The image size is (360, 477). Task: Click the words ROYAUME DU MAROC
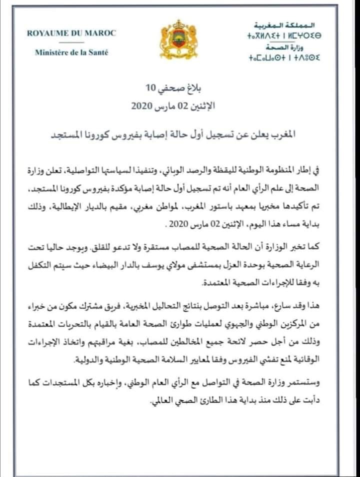click(x=72, y=33)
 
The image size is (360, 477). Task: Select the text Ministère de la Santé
click(x=72, y=52)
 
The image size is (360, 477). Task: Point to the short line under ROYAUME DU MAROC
click(x=71, y=43)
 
